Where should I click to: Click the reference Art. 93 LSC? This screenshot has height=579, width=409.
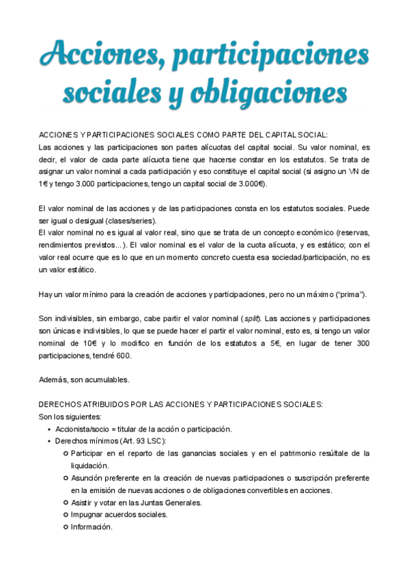(x=144, y=441)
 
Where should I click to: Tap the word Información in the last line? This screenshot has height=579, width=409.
(x=91, y=527)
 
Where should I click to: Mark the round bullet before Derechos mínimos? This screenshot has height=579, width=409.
(x=49, y=442)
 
